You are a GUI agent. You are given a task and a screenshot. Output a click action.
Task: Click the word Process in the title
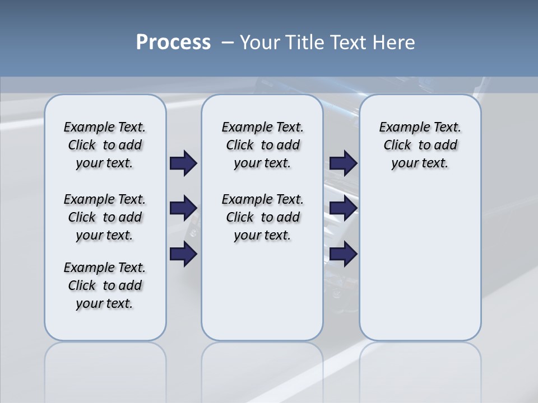173,42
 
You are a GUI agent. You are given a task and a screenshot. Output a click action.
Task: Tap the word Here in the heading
394,43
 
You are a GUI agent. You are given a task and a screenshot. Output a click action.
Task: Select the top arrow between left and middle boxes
183,163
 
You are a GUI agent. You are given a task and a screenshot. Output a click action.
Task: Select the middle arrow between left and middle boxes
183,209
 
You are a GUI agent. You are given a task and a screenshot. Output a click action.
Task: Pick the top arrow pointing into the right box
343,163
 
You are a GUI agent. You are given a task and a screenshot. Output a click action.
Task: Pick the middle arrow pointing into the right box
343,209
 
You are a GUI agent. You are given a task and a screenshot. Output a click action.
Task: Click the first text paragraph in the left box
105,145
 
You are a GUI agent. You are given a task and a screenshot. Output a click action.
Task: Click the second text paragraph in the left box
105,217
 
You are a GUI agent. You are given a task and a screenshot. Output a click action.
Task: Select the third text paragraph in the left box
105,285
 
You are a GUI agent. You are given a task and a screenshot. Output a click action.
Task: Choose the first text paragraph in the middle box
262,145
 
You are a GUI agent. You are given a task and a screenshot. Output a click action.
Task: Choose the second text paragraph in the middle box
262,217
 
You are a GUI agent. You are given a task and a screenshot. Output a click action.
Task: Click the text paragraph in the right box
420,145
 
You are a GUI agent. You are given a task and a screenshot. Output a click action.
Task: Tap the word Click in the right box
397,146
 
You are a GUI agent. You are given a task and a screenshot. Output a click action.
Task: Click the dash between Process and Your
228,43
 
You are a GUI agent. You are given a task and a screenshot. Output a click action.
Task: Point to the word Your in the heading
259,43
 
